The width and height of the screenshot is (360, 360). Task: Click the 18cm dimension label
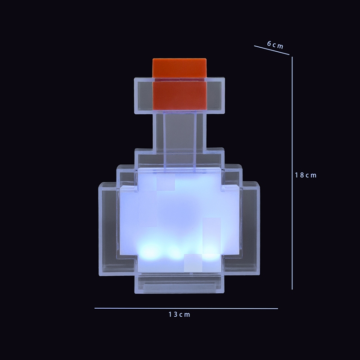click(306, 175)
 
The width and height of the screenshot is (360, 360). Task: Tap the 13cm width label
click(179, 314)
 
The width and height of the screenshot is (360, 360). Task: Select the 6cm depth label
click(275, 44)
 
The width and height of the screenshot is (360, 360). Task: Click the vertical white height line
click(292, 173)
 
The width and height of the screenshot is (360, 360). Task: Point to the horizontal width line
click(186, 308)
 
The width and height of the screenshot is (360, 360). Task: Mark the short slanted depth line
click(272, 50)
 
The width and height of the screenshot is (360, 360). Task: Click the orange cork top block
click(179, 68)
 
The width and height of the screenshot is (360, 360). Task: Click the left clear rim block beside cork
click(144, 95)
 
